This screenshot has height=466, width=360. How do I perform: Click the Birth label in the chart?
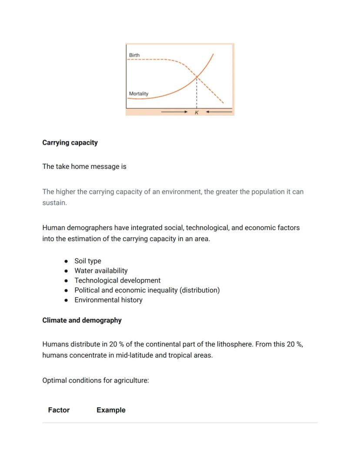click(134, 55)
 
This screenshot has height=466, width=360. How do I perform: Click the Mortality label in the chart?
click(138, 94)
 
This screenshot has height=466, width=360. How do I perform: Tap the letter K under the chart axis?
click(197, 113)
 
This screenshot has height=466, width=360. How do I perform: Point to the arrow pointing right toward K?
click(174, 112)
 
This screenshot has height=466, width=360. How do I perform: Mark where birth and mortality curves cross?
click(197, 77)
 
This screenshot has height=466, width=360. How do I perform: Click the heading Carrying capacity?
click(70, 143)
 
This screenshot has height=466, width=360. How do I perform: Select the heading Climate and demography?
click(82, 320)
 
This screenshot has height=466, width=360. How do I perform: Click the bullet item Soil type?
click(88, 261)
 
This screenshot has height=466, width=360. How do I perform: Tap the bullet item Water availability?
click(101, 271)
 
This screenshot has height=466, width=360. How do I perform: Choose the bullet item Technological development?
click(117, 280)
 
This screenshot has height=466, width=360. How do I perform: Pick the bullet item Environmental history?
click(108, 300)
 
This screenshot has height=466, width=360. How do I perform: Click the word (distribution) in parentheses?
click(200, 290)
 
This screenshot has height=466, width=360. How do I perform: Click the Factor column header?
click(59, 410)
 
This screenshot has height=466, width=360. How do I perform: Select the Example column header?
click(111, 410)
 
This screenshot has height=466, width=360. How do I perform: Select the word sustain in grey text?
click(54, 203)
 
